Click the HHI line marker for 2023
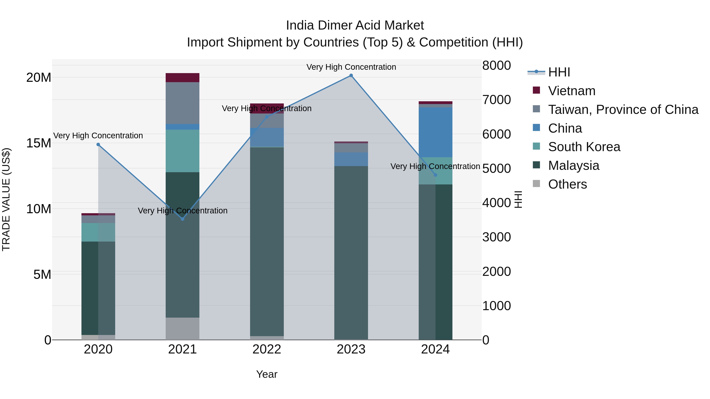pos(351,75)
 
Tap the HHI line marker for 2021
pos(182,219)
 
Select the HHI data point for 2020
pos(98,145)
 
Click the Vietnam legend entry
pos(572,91)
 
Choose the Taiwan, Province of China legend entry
pos(623,110)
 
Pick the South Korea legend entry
pos(584,147)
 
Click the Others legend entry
pos(567,184)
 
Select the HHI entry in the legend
pos(559,72)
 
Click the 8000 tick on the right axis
pos(496,66)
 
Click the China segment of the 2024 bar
pos(435,132)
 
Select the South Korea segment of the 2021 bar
pos(182,151)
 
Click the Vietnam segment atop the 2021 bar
pos(182,78)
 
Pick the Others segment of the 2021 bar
pos(182,328)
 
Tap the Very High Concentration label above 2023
pos(351,67)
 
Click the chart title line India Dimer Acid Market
pos(355,25)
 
